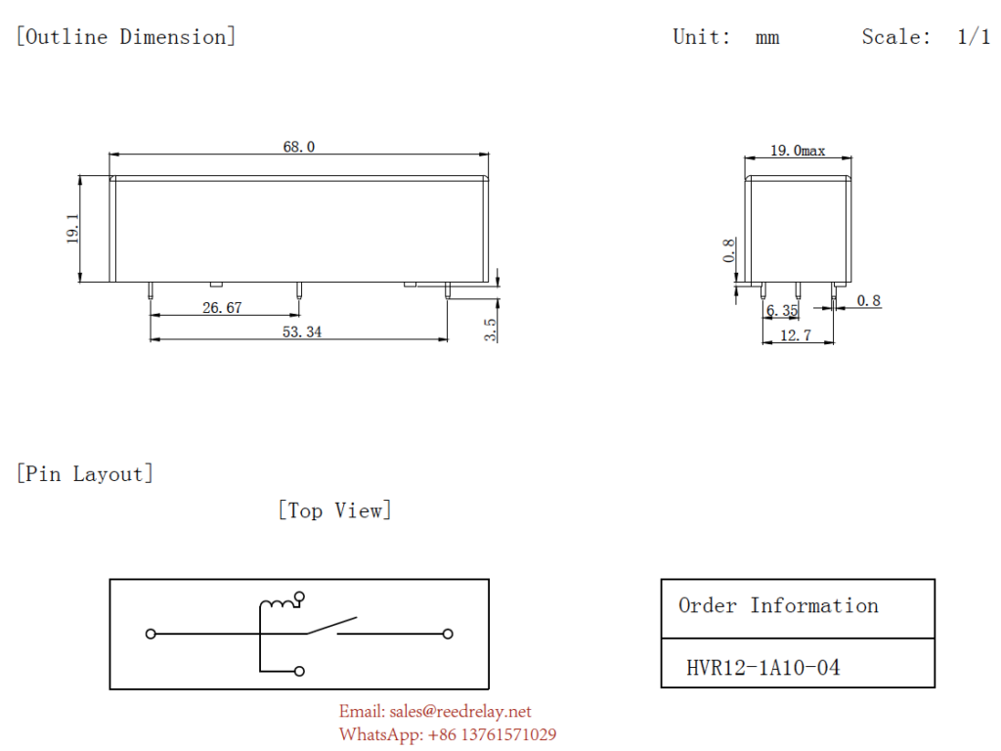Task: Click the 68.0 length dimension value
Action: (x=299, y=147)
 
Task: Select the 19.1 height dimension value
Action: (x=73, y=230)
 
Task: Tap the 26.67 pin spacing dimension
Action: (x=222, y=307)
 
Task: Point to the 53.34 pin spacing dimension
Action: (x=302, y=332)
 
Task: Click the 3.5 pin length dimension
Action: (x=491, y=330)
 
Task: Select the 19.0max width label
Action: (x=798, y=151)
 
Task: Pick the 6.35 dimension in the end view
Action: (x=782, y=311)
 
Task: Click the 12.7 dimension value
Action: (x=796, y=335)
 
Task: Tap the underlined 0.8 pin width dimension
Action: (x=868, y=301)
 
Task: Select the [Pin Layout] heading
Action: (x=85, y=474)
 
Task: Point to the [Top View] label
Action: (x=334, y=510)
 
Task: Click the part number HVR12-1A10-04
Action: (x=762, y=668)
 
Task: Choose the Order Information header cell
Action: (x=778, y=606)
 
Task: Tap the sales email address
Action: (x=435, y=711)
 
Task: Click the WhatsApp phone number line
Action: (x=448, y=734)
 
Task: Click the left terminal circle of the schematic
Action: (x=151, y=634)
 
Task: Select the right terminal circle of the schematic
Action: (x=448, y=634)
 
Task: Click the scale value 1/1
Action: (x=974, y=37)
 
